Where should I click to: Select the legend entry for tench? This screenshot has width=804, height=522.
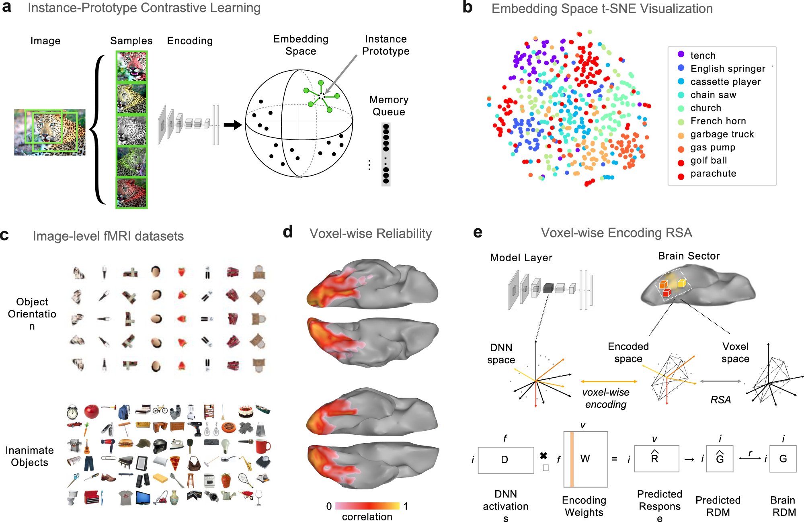(703, 55)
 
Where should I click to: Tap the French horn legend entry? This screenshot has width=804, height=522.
(718, 121)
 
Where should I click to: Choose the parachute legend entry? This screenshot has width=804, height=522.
(713, 174)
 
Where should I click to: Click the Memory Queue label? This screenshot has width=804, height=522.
(389, 106)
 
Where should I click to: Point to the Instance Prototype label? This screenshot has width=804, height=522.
(386, 45)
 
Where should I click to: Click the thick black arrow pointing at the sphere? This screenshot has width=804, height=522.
(232, 125)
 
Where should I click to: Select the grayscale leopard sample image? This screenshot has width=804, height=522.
(131, 131)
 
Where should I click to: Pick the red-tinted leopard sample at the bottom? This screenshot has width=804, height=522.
(131, 193)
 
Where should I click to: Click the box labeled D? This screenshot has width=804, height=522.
(506, 460)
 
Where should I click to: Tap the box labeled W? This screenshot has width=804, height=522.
(585, 459)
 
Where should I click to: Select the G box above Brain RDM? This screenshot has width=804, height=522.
(783, 459)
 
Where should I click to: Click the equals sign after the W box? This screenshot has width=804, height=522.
(615, 459)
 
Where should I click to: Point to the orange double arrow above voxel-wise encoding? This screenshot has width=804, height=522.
(609, 381)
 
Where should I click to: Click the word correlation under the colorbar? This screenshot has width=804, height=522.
(367, 517)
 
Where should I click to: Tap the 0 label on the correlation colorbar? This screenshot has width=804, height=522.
(329, 506)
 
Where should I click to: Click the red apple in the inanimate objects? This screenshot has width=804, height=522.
(92, 411)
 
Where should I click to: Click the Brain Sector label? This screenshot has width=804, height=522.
(689, 256)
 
